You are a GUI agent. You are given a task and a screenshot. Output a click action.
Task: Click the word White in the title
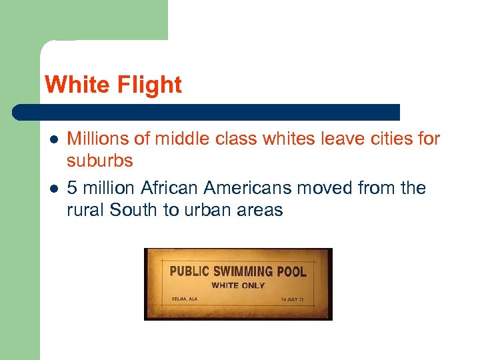coord(73,85)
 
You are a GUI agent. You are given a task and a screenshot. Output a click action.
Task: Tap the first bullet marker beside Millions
coord(54,139)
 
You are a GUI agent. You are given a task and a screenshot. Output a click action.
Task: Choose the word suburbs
coord(100,161)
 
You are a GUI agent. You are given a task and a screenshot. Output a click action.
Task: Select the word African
coord(160,188)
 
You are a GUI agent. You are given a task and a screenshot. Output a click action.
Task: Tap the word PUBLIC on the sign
coord(189,271)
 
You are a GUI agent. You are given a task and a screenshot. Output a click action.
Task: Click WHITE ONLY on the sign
coord(238,285)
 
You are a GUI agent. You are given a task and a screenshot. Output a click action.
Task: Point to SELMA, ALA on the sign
coord(183,299)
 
